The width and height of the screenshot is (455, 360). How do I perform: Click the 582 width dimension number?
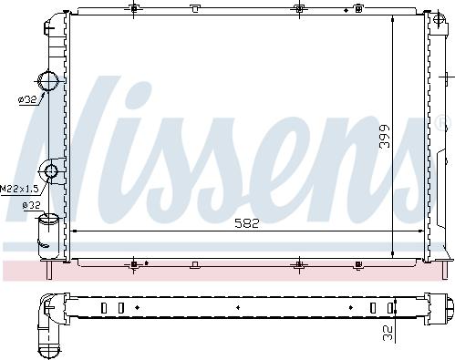pyautogui.click(x=247, y=223)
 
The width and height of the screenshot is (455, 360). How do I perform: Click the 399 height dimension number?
pyautogui.click(x=385, y=136)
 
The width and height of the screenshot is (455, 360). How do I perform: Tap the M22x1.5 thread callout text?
pyautogui.click(x=19, y=190)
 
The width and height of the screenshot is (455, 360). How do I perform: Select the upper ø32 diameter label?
pyautogui.click(x=27, y=99)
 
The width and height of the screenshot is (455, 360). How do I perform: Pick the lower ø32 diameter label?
pyautogui.click(x=31, y=205)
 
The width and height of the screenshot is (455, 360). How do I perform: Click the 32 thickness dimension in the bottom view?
pyautogui.click(x=388, y=333)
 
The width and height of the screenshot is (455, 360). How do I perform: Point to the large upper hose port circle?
pyautogui.click(x=48, y=80)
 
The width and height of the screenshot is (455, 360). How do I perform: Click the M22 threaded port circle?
pyautogui.click(x=50, y=171)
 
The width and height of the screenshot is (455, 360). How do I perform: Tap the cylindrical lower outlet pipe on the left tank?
pyautogui.click(x=48, y=236)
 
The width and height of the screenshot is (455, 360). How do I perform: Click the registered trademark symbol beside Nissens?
pyautogui.click(x=442, y=123)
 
